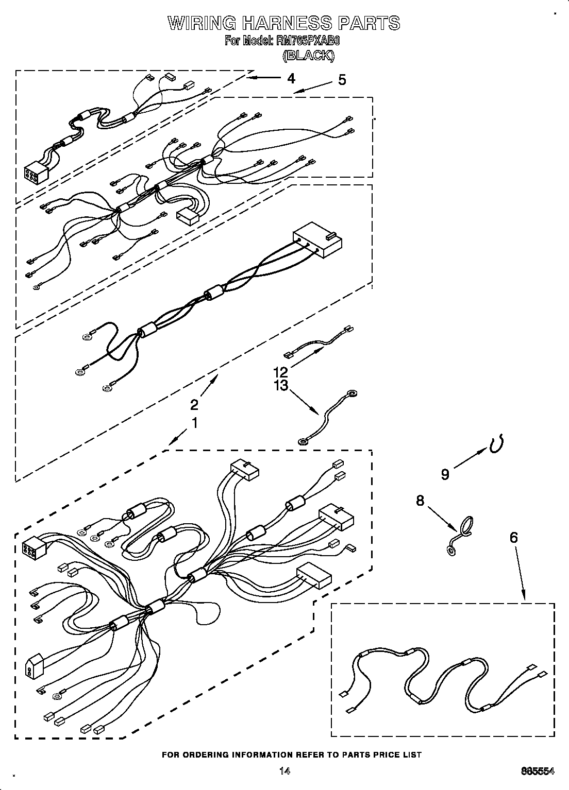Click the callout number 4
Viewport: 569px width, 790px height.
(x=291, y=78)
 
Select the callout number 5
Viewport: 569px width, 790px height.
(x=342, y=80)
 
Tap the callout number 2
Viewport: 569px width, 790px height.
(x=194, y=404)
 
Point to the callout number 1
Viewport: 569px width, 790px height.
(x=194, y=423)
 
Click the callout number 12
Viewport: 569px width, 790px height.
(x=280, y=371)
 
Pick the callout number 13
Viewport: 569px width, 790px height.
(x=280, y=385)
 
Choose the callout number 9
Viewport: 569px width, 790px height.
(x=445, y=474)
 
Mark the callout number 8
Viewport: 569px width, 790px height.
(x=420, y=500)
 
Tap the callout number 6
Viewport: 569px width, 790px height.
(x=513, y=538)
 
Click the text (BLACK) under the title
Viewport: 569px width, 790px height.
(x=308, y=56)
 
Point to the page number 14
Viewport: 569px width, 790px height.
(x=284, y=771)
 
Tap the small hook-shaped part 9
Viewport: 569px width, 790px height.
(x=496, y=444)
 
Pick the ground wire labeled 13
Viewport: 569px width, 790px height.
(x=328, y=417)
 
